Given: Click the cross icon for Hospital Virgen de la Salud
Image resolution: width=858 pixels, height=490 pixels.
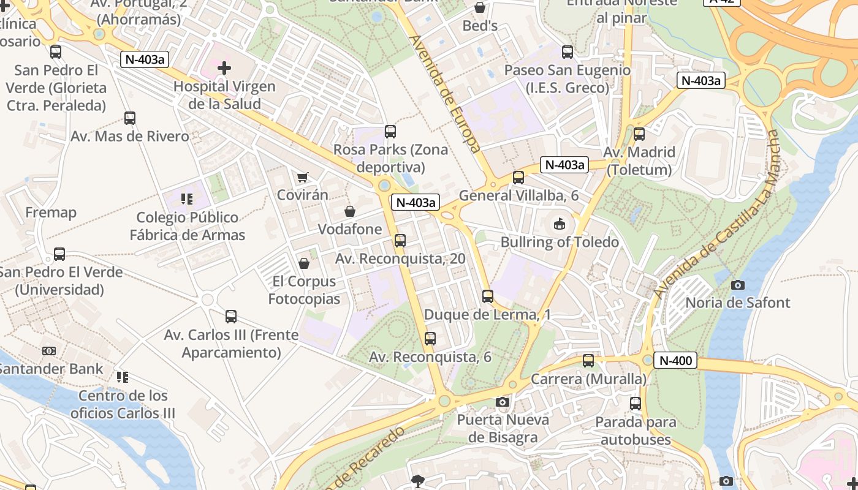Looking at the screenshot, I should (224, 67).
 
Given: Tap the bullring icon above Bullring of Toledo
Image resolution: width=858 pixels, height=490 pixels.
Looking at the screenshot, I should (560, 224).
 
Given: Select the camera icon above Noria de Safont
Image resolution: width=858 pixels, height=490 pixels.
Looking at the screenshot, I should (738, 285).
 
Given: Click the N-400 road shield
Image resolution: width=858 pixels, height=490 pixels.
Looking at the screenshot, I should (676, 361).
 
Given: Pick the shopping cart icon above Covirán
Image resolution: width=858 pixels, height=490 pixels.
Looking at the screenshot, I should (302, 178).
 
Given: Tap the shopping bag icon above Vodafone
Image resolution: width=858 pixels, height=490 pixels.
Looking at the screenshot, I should (349, 211).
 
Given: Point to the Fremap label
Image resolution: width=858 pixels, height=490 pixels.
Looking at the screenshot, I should (51, 213).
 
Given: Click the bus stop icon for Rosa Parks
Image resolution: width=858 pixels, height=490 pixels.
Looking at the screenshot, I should (390, 132).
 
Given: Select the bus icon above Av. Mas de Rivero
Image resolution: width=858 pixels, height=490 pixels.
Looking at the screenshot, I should (130, 118).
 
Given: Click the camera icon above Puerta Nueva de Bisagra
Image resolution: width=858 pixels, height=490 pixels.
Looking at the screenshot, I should (503, 402).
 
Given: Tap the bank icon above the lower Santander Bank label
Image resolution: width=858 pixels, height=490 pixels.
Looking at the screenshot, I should (49, 351).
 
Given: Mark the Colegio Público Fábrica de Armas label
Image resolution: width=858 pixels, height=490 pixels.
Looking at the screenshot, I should (188, 226).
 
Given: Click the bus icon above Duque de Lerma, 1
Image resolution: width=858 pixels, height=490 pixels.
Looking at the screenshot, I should (488, 296).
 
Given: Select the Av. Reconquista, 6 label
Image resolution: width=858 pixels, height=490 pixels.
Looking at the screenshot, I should (430, 356).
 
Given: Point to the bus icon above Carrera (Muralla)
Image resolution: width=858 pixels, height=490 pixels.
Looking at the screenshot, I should (588, 361).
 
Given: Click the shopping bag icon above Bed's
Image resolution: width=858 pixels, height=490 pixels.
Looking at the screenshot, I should (480, 8).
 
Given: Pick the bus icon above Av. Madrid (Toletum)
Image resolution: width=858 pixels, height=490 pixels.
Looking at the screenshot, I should (639, 134).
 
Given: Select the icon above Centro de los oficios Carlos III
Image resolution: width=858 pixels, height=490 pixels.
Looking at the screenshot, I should (123, 377).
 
